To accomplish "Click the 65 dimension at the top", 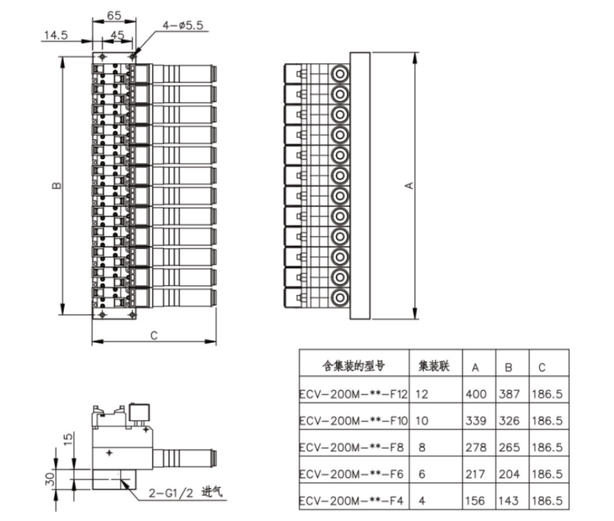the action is [114, 15].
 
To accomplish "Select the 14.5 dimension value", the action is [56, 35].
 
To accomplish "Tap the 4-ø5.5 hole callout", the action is [183, 26].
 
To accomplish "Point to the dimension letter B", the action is [56, 185].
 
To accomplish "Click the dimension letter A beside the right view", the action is [409, 186].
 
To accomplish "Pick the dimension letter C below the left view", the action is [154, 335].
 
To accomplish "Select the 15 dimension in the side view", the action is [67, 439].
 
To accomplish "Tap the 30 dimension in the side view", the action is [50, 478].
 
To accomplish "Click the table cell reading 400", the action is [476, 394].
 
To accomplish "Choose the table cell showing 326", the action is [509, 420].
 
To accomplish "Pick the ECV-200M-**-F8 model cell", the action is [351, 448].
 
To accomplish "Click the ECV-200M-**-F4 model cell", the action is [351, 500].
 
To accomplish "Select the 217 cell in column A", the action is [475, 474].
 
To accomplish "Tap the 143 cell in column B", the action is [508, 500].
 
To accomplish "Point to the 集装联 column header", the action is [434, 366].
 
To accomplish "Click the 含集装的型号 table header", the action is [354, 366].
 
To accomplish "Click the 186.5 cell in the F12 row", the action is [547, 394].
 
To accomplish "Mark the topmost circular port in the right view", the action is [340, 73].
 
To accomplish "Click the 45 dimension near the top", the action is [117, 35].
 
